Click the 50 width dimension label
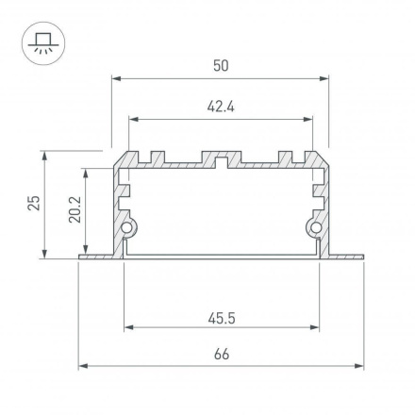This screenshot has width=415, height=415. click(x=221, y=65)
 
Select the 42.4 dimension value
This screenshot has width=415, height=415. click(x=221, y=107)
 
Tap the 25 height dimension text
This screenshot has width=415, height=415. click(x=34, y=203)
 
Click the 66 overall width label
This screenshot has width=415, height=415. click(x=221, y=356)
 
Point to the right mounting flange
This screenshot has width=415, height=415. click(x=345, y=256)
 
